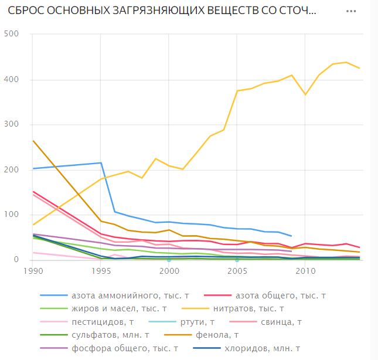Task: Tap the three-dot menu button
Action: click(x=352, y=12)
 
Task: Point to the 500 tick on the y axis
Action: click(x=12, y=34)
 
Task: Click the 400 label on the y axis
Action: click(x=12, y=79)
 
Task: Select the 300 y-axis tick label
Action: click(x=12, y=124)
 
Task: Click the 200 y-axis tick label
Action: click(x=12, y=169)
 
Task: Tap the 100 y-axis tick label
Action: click(x=12, y=215)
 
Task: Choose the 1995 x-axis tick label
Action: click(x=101, y=271)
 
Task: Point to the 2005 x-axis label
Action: click(x=237, y=271)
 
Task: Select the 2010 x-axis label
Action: click(x=305, y=271)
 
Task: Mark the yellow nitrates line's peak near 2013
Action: click(x=346, y=62)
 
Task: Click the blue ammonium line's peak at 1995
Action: click(x=101, y=162)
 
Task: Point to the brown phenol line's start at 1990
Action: click(x=33, y=141)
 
